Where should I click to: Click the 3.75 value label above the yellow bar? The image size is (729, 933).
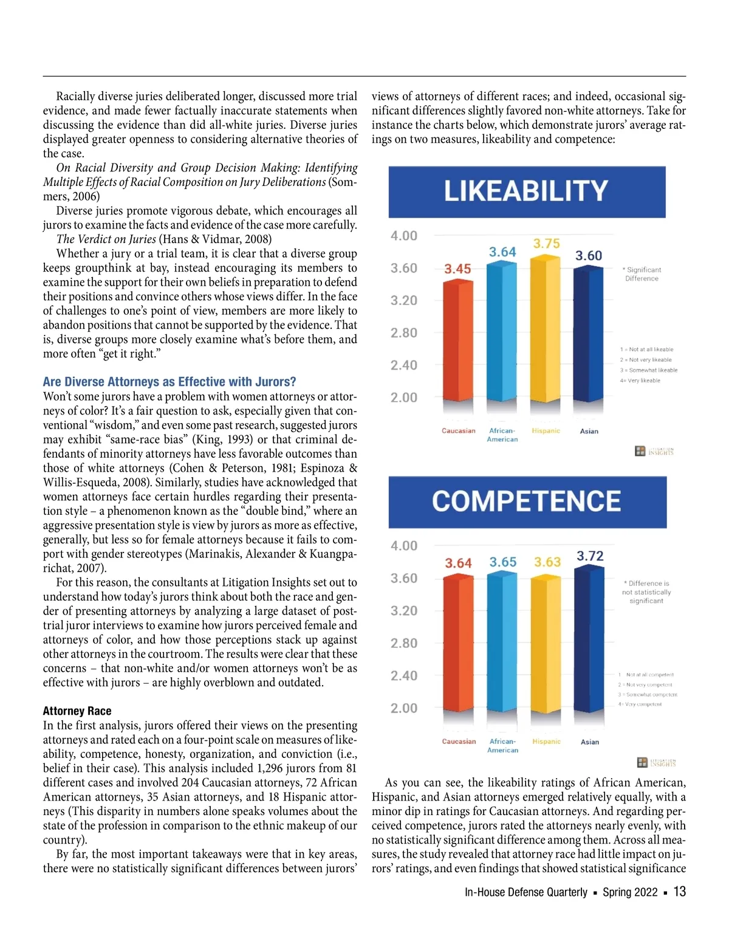tap(546, 244)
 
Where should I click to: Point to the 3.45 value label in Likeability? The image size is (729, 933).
tap(457, 269)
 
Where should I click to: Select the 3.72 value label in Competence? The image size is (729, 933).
tap(590, 556)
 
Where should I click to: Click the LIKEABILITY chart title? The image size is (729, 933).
tap(526, 191)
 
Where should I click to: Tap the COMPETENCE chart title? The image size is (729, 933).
tap(527, 501)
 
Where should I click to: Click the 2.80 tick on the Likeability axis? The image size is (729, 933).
tap(404, 333)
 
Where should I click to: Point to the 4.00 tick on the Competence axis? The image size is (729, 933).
tap(404, 546)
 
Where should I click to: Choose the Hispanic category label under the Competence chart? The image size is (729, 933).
tap(546, 742)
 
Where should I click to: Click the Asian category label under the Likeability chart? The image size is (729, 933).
tap(589, 431)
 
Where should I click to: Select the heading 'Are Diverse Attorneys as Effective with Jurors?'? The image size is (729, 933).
tap(169, 382)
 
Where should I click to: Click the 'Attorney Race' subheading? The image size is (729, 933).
tap(77, 711)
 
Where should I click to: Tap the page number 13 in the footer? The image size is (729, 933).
tap(680, 892)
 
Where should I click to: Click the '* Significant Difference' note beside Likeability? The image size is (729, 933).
tap(642, 274)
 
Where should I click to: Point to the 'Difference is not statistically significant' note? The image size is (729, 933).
tap(646, 592)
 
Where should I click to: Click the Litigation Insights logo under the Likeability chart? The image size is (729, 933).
tap(654, 451)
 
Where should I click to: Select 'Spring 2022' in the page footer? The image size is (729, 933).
tap(630, 892)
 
